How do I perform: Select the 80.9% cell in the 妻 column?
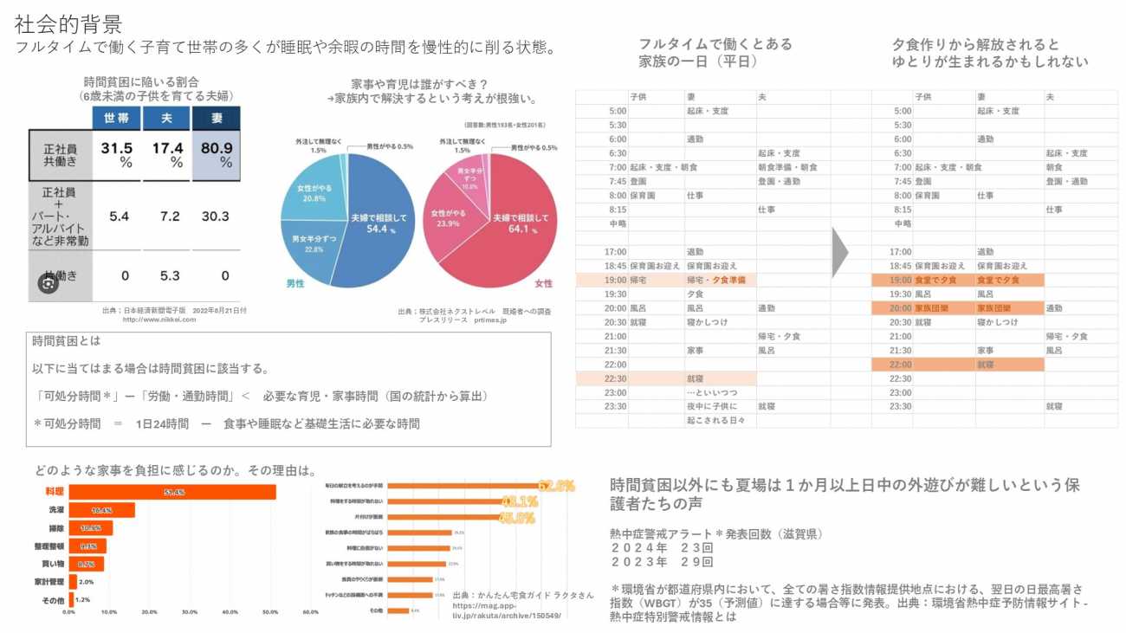[216, 154]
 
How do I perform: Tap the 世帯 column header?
[117, 119]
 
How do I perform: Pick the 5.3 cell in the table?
[170, 276]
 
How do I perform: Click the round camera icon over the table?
[48, 283]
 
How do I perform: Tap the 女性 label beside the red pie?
[544, 283]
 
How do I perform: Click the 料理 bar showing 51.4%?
[172, 492]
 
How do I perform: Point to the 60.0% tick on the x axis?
[310, 611]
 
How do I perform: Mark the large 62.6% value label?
[556, 486]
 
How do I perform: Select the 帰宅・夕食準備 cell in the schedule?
[720, 280]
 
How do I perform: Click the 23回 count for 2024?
[696, 548]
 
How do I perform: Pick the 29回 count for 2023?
[696, 562]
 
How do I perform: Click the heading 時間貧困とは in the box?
[67, 342]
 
